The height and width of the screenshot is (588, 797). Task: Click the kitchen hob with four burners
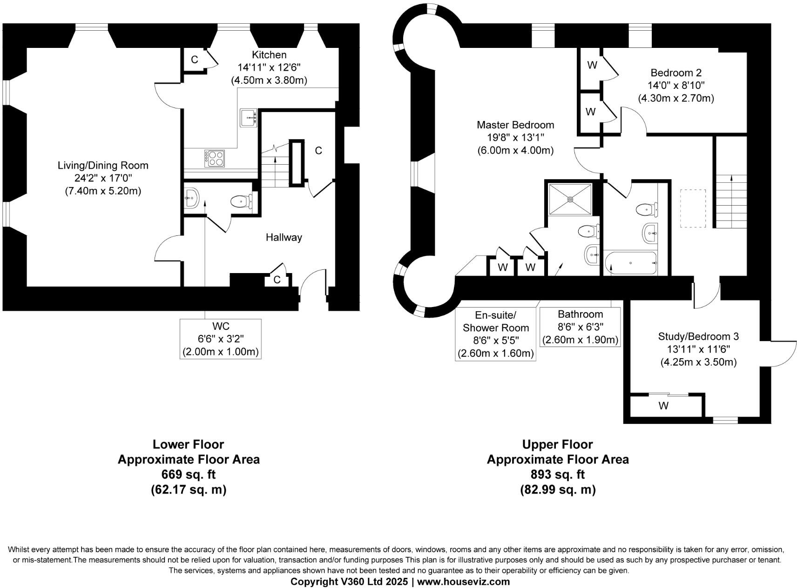coord(214,158)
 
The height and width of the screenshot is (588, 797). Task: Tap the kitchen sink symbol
coord(249,118)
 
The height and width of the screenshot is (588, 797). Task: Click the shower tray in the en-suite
coord(570,199)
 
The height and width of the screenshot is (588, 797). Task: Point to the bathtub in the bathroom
coord(630,263)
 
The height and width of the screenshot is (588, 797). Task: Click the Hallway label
coord(284,237)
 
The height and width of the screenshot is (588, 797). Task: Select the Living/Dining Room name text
coord(103,165)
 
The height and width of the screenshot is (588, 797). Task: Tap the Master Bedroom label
coord(515,125)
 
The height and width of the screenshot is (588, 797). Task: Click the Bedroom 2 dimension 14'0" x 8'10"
coord(675,85)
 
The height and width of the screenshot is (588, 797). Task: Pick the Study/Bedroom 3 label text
coord(698,336)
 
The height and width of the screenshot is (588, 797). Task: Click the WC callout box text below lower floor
coord(220,339)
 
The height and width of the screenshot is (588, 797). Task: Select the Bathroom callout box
coord(580,327)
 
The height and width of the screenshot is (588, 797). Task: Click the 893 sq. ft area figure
coord(557,474)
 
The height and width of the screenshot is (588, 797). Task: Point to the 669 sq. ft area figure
coord(188,474)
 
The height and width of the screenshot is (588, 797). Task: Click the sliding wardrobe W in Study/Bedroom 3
coord(663,406)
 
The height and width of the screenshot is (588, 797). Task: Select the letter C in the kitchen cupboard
coord(194,60)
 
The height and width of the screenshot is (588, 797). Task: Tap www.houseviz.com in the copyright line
coord(463,581)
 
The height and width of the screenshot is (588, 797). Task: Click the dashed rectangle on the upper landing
coord(693,208)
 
